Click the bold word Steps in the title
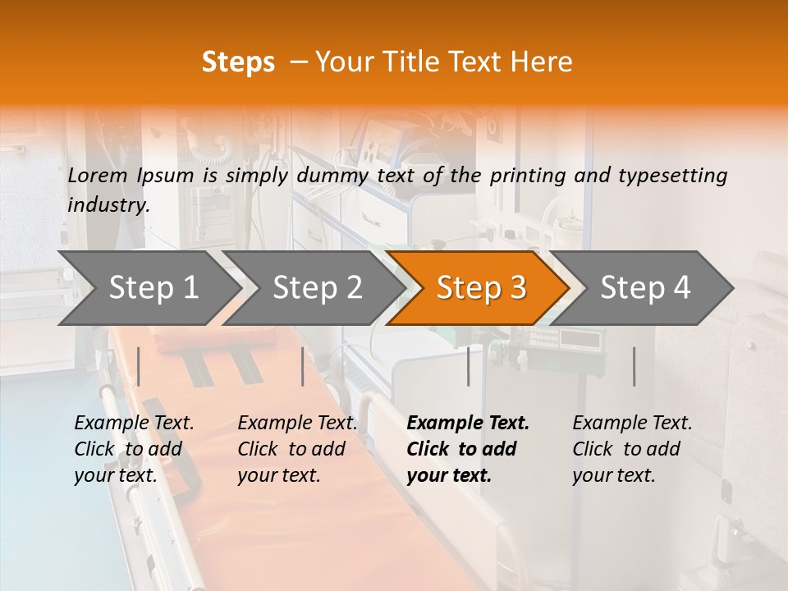point(238,62)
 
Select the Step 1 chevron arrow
point(149,288)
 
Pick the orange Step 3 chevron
point(479,288)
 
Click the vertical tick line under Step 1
point(138,366)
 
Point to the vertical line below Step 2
point(303,366)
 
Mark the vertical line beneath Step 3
point(468,366)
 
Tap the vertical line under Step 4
point(634,366)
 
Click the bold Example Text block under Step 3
point(468,449)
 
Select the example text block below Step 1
point(134,449)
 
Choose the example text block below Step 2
point(297,449)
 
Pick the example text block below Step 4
point(632,449)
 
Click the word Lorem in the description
point(98,175)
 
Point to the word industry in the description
point(108,205)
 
